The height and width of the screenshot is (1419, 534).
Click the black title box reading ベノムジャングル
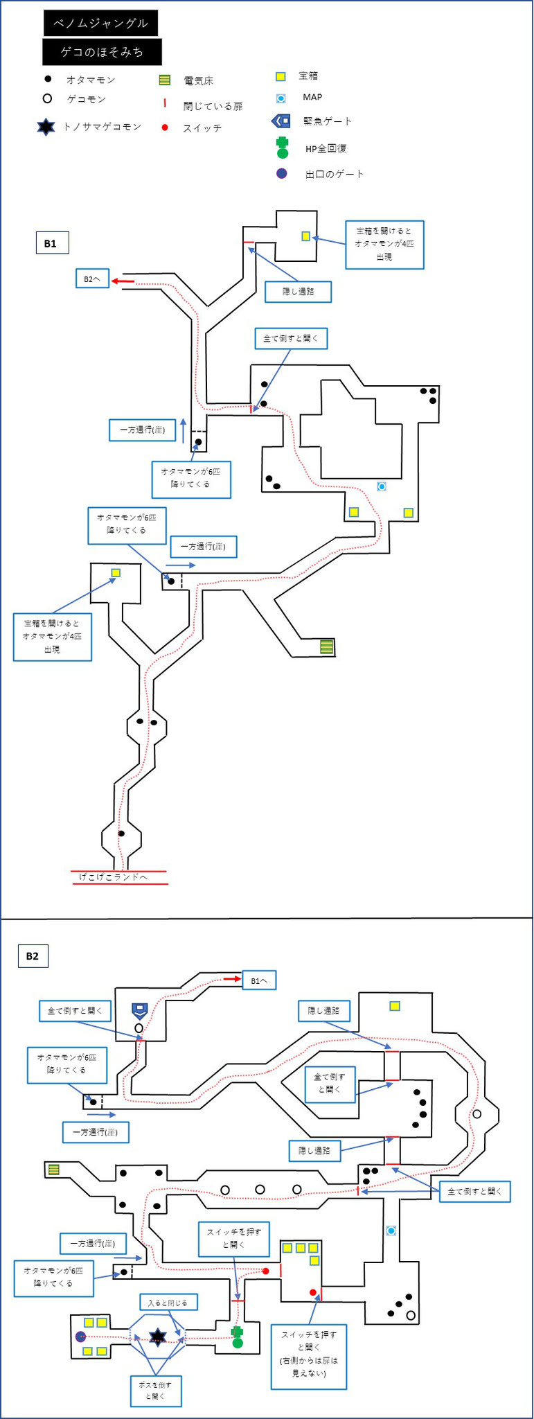(x=100, y=23)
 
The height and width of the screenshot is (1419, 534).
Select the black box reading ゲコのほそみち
(x=102, y=52)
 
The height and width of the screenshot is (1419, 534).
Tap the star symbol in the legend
(x=46, y=127)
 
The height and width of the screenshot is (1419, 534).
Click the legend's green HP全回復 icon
(x=282, y=148)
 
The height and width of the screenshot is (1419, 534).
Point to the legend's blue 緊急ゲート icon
(x=281, y=121)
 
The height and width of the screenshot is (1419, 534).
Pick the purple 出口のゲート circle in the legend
(x=281, y=173)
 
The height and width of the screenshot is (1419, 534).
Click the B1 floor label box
(x=51, y=243)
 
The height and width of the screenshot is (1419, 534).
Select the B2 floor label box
(x=33, y=956)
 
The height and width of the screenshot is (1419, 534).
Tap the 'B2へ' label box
(x=92, y=279)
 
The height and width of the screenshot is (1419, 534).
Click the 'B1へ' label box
(x=259, y=980)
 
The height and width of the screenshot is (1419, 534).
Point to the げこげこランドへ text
(x=113, y=877)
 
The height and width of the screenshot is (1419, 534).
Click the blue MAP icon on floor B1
(x=381, y=486)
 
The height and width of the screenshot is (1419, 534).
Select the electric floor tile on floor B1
(x=326, y=647)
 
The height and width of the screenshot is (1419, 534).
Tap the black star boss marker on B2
(x=158, y=1337)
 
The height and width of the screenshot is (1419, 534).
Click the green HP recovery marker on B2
(x=238, y=1337)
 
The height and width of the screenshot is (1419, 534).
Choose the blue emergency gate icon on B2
(x=140, y=1012)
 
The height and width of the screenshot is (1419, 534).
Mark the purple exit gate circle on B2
(x=80, y=1337)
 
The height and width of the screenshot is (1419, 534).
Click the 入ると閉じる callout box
(x=168, y=1303)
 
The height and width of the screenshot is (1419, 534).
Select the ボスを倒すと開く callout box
(x=156, y=1390)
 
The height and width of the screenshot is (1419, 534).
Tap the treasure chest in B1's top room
(x=305, y=236)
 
